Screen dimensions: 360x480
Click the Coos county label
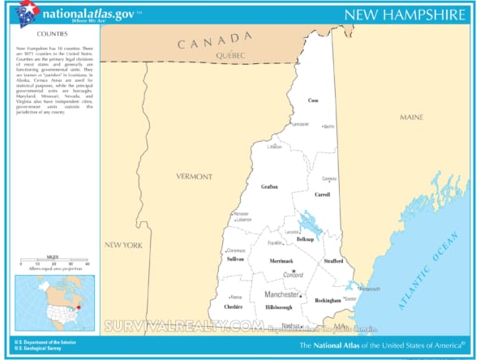coord(313,100)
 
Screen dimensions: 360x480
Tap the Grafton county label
coord(269,186)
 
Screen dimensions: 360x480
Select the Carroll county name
coord(323,195)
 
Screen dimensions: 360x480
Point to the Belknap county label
coord(305,240)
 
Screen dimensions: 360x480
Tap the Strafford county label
coord(332,261)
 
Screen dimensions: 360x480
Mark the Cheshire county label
coord(234,307)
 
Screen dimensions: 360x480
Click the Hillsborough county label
coord(278,308)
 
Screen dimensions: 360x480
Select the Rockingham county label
coord(328,300)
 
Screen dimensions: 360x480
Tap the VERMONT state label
coord(195,176)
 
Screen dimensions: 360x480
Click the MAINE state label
coord(411,118)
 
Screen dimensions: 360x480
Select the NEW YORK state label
coord(123,245)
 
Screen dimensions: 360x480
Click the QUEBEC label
coord(231,54)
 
